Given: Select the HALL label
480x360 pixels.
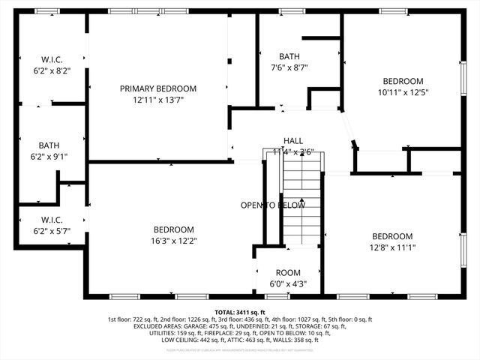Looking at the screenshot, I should point(293,140).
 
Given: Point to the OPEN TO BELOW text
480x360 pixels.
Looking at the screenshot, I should point(272,205).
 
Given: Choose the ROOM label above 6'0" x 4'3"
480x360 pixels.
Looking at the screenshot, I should point(288,272).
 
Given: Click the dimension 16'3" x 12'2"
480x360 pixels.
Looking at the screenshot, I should point(174,241).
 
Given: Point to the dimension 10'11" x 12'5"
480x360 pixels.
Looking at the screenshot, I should point(403,92).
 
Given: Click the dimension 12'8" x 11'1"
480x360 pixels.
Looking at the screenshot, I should point(391,247).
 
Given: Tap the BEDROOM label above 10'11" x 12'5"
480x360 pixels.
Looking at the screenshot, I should point(403,81).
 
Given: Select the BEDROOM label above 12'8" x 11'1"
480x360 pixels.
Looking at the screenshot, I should point(391,235).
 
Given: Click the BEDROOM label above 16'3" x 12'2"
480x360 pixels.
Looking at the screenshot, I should point(174,229).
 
